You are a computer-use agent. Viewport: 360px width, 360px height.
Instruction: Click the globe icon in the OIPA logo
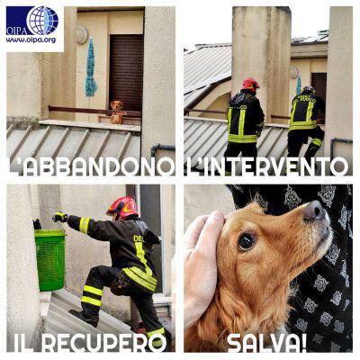click(x=42, y=21)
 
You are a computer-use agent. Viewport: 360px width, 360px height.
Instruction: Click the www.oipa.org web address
click(x=31, y=40)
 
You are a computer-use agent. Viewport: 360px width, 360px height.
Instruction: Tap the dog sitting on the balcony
click(x=117, y=112)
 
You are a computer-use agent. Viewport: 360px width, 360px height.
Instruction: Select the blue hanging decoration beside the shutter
click(x=91, y=67)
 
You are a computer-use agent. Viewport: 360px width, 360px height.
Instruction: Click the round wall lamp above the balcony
click(x=81, y=34)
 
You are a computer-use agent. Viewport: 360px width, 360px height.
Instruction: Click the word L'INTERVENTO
click(x=265, y=166)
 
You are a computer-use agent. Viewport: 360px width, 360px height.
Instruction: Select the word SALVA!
click(x=267, y=343)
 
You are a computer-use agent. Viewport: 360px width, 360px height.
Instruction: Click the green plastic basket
click(x=50, y=259)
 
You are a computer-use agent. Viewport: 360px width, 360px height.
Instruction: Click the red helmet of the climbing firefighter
click(x=122, y=207)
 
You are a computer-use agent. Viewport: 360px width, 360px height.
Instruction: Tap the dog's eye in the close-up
click(x=246, y=242)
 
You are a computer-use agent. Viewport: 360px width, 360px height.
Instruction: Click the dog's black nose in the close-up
click(x=314, y=211)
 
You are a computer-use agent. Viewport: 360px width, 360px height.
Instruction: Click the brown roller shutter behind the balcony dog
click(x=126, y=72)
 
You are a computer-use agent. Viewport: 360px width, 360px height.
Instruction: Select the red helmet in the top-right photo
click(x=250, y=84)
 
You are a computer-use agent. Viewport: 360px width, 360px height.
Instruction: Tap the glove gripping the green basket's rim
click(x=38, y=224)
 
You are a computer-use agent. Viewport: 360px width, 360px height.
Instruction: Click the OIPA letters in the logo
click(x=16, y=31)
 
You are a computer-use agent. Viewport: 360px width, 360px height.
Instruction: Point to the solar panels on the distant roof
click(x=312, y=37)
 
